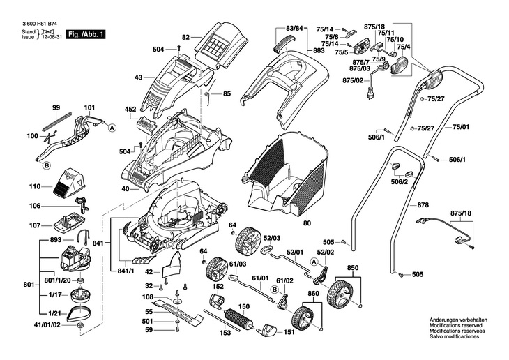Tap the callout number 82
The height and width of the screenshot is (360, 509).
(x=186, y=36)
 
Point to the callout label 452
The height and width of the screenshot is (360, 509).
(x=130, y=110)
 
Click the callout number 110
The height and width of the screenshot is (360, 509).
(x=35, y=187)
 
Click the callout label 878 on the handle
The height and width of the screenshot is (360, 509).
(x=423, y=205)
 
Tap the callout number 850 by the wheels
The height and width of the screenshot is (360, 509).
(x=353, y=268)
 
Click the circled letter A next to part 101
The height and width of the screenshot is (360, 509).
(x=112, y=128)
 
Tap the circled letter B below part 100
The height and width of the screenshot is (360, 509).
(x=46, y=166)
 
